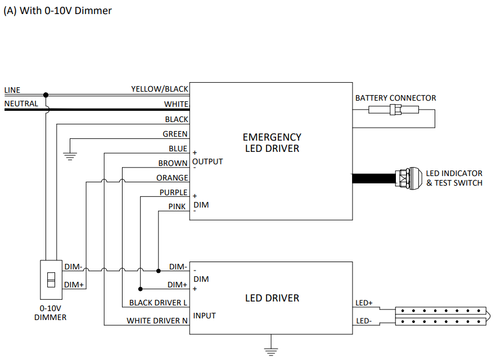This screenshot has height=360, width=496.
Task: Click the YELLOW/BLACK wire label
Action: pyautogui.click(x=160, y=89)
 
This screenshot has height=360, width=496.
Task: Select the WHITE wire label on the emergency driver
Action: pyautogui.click(x=176, y=104)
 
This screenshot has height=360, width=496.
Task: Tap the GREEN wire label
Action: pyautogui.click(x=175, y=134)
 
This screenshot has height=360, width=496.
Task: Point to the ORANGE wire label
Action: pyautogui.click(x=172, y=178)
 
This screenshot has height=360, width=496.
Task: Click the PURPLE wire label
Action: pyautogui.click(x=173, y=192)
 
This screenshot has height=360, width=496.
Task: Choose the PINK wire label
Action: pyautogui.click(x=177, y=206)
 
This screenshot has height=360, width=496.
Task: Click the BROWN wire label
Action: pyautogui.click(x=173, y=163)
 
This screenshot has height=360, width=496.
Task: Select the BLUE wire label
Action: pyautogui.click(x=178, y=148)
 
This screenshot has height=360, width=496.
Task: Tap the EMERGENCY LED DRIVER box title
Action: pyautogui.click(x=272, y=143)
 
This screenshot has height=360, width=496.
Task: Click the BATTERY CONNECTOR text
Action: pyautogui.click(x=395, y=98)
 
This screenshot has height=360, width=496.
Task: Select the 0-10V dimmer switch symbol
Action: pyautogui.click(x=51, y=280)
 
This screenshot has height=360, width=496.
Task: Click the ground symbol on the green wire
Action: pyautogui.click(x=70, y=156)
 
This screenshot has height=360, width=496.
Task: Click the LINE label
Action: pyautogui.click(x=12, y=90)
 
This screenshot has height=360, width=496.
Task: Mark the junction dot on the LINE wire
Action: pyautogui.click(x=46, y=95)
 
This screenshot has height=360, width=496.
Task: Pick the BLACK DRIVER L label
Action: pyautogui.click(x=158, y=303)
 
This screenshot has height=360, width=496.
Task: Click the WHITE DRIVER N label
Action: pyautogui.click(x=157, y=321)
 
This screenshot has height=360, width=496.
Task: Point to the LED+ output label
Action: pyautogui.click(x=364, y=303)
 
